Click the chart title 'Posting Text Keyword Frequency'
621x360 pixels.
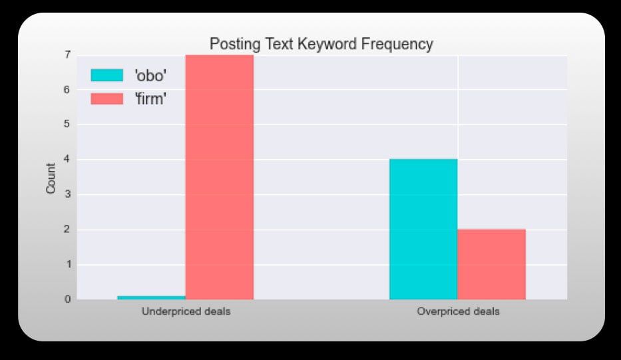pyautogui.click(x=321, y=45)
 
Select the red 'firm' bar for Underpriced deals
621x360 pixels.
pyautogui.click(x=220, y=177)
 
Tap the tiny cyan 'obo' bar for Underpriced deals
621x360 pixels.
pyautogui.click(x=151, y=297)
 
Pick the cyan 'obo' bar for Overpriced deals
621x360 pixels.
pyautogui.click(x=423, y=229)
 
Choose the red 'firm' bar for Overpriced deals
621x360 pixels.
pyautogui.click(x=491, y=264)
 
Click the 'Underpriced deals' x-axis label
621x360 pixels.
pyautogui.click(x=186, y=311)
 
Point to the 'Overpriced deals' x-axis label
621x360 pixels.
pyautogui.click(x=458, y=311)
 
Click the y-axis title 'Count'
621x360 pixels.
pyautogui.click(x=51, y=178)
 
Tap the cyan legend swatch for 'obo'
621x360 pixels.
pyautogui.click(x=107, y=75)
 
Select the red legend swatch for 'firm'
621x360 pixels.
pyautogui.click(x=107, y=98)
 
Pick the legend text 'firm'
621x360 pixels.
pyautogui.click(x=150, y=98)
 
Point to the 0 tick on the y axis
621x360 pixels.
pyautogui.click(x=68, y=299)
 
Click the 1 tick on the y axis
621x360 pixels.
pyautogui.click(x=68, y=265)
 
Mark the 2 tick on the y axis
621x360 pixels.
pyautogui.click(x=68, y=230)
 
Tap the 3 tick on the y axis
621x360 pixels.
pyautogui.click(x=68, y=194)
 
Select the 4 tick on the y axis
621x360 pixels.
pyautogui.click(x=68, y=160)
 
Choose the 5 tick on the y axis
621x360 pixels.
pyautogui.click(x=68, y=124)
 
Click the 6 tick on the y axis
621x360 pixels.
pyautogui.click(x=68, y=90)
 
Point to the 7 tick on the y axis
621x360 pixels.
pyautogui.click(x=68, y=55)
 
